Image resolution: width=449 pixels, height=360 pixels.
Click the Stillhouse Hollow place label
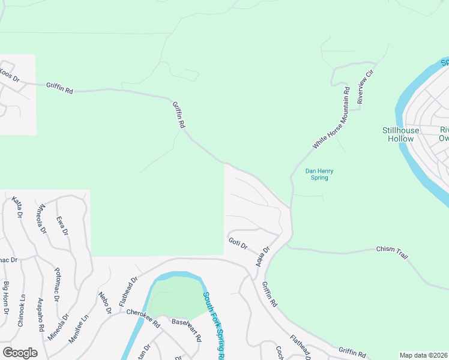(x=398, y=134)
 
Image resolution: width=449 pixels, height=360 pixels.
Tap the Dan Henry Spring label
(x=319, y=174)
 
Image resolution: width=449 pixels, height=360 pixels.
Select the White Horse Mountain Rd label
(x=331, y=118)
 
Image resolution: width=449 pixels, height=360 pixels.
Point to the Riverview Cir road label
(x=366, y=86)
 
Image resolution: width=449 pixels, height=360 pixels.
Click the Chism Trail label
(x=392, y=252)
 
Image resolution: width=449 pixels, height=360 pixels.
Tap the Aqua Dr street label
(x=263, y=257)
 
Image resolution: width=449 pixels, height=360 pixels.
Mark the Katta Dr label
(x=17, y=206)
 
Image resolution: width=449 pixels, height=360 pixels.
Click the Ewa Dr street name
(x=61, y=226)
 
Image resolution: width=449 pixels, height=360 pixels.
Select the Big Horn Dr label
(x=7, y=298)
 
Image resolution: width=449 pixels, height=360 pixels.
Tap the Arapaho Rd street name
(x=40, y=314)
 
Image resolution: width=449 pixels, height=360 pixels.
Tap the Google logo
(x=20, y=353)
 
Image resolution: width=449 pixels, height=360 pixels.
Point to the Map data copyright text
(x=424, y=355)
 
